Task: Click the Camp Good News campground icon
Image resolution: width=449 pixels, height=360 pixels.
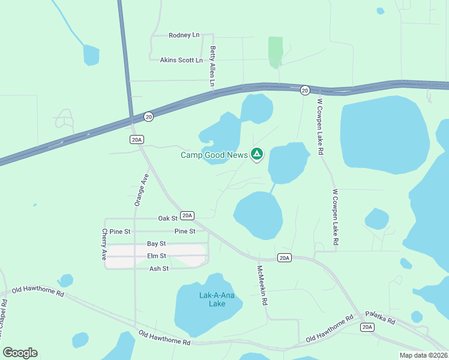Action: (257, 155)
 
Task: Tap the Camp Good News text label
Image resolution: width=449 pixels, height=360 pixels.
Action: (214, 155)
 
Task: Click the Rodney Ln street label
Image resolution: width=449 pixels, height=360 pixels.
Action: (184, 35)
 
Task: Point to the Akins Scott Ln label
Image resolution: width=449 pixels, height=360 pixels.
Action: (181, 61)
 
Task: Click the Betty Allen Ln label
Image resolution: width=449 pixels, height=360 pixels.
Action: (212, 67)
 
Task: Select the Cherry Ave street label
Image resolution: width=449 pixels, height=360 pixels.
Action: (104, 244)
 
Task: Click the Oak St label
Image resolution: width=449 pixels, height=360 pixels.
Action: (167, 218)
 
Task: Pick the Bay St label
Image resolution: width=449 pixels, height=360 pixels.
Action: (156, 244)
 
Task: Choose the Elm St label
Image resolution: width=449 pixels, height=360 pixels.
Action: (156, 256)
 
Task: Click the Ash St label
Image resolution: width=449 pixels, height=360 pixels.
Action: (159, 269)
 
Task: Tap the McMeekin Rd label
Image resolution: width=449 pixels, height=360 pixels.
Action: (262, 286)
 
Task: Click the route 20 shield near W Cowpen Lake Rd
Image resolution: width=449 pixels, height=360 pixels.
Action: (305, 90)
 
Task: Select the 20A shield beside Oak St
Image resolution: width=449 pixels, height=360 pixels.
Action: (187, 215)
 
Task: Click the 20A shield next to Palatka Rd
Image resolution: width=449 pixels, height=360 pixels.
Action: (367, 327)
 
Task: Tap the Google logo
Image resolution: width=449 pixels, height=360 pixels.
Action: (20, 353)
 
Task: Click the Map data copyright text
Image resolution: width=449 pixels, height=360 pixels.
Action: (423, 355)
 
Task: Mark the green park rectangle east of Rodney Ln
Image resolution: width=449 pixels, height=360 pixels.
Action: (276, 52)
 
